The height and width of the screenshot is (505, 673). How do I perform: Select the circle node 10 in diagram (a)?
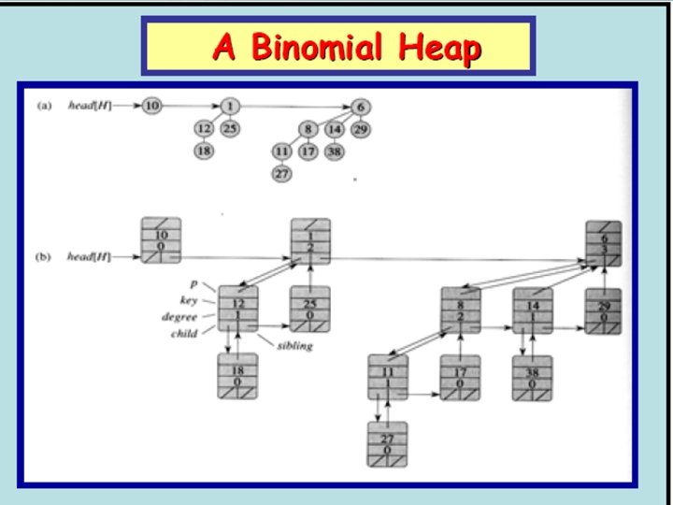(x=151, y=106)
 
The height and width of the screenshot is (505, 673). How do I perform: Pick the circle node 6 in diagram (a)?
(x=360, y=106)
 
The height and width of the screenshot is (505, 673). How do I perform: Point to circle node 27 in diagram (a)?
(x=281, y=173)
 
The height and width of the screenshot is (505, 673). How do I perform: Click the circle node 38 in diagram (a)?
(x=335, y=151)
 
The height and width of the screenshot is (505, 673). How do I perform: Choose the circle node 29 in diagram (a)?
(x=361, y=128)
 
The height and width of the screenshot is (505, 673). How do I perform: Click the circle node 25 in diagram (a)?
(x=230, y=128)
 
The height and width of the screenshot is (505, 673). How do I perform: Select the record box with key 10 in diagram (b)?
(x=161, y=240)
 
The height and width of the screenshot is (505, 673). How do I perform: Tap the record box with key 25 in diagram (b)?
(x=310, y=309)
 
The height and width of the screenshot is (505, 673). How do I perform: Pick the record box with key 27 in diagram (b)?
(x=386, y=443)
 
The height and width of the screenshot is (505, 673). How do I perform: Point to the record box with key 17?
(x=460, y=377)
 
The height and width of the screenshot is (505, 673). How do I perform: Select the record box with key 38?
(x=532, y=377)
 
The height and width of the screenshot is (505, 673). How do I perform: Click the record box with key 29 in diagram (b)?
(x=605, y=310)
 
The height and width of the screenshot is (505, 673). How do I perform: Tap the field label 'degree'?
(x=179, y=317)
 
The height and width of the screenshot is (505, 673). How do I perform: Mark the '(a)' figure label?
(x=44, y=106)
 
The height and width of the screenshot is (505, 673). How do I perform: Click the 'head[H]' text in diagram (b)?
(x=89, y=256)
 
